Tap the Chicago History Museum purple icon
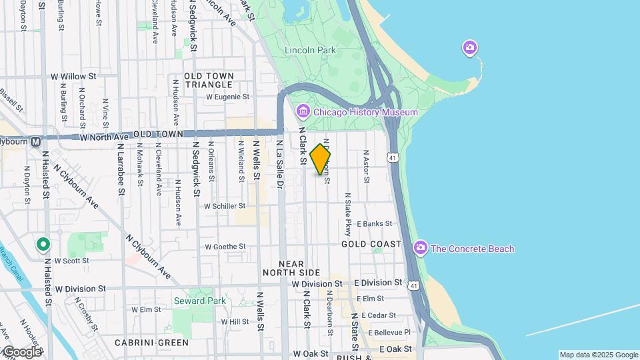[303, 111]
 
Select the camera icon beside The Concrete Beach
[420, 249]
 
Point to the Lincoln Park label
[310, 50]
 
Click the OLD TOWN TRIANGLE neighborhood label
[209, 81]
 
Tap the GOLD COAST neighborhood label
[371, 245]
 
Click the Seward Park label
[200, 301]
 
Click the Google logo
[21, 352]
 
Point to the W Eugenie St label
[227, 97]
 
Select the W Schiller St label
[225, 207]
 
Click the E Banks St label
[375, 224]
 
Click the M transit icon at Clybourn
[35, 141]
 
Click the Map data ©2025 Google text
[598, 355]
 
